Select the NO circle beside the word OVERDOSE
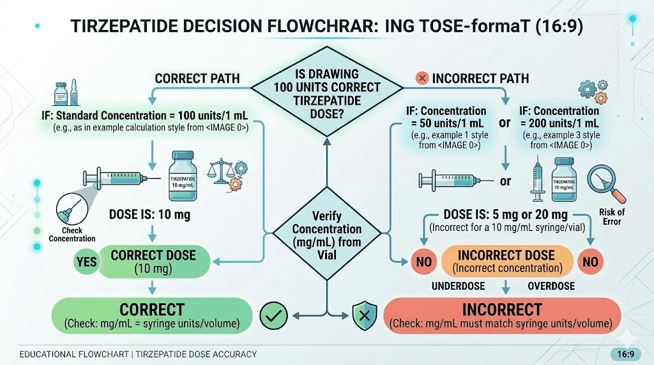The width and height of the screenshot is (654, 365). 590,262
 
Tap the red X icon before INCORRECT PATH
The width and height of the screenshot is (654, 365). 422,78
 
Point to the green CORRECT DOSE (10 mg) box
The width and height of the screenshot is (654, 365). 153,262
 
